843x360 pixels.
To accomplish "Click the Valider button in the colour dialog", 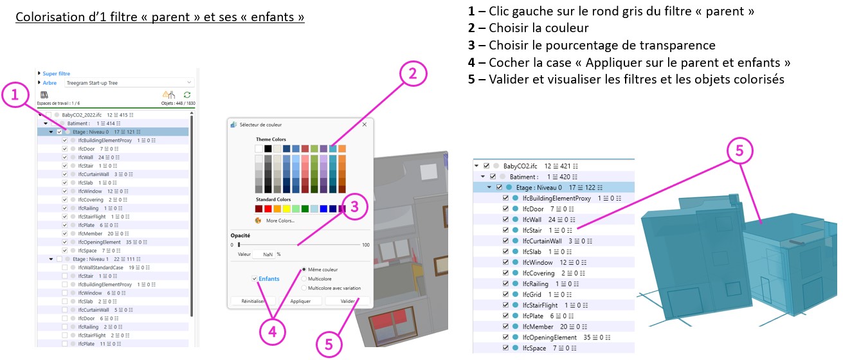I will click(347, 300).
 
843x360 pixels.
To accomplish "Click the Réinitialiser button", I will click(253, 300).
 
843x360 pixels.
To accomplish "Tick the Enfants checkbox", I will click(255, 278).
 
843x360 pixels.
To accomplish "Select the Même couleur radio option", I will click(304, 269).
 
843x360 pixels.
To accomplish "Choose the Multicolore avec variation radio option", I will click(304, 288).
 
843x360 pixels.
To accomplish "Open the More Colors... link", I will click(280, 221).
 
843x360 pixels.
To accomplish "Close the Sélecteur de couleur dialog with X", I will click(365, 125).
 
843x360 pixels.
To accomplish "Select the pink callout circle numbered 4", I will click(273, 331).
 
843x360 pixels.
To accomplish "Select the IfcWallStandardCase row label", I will click(100, 267).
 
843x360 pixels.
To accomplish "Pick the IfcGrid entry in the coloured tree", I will click(533, 294).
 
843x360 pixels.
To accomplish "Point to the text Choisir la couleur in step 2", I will click(538, 28).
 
